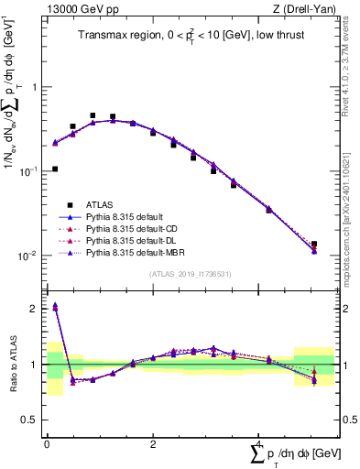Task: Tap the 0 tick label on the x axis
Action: coord(47,442)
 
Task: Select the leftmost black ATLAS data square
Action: coord(55,169)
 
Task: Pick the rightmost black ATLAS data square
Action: coord(314,245)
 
